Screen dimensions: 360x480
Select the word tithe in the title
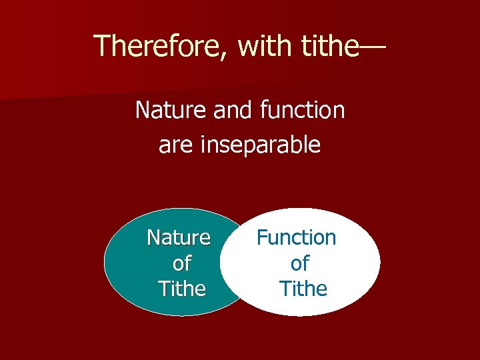pos(327,46)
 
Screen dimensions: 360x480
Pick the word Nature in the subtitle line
pos(171,110)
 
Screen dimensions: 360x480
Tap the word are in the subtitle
pos(175,144)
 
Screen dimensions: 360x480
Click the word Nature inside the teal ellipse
pos(179,237)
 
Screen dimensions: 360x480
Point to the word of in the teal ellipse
pos(181,263)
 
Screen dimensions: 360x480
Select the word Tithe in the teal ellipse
pos(181,289)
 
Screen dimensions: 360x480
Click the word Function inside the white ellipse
pos(297,237)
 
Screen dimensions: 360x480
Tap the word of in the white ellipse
pos(299,263)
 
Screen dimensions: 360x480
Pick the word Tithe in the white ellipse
pos(303,289)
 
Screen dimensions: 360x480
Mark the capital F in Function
pos(262,237)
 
